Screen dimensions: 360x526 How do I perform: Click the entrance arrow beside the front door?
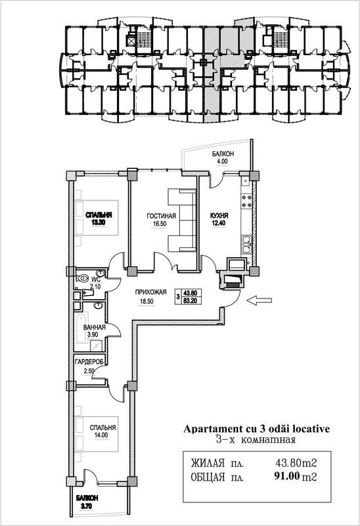(x=259, y=300)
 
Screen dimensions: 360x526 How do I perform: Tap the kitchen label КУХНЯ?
(x=219, y=216)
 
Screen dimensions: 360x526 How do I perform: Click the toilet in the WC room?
(x=82, y=278)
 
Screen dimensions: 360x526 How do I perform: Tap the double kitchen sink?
(x=246, y=245)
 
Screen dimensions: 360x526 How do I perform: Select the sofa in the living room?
(x=181, y=220)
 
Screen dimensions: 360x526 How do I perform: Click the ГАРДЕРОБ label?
(x=90, y=362)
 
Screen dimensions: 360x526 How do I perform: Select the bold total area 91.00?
(x=286, y=476)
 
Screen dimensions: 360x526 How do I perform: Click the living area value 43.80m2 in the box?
(x=296, y=464)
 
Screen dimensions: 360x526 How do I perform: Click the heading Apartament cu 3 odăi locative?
(x=257, y=429)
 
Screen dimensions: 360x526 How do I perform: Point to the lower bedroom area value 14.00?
(x=101, y=435)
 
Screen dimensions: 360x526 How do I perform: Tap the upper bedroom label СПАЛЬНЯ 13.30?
(x=99, y=218)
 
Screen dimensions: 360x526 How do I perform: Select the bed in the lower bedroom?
(x=97, y=434)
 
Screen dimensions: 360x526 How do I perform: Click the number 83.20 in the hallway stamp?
(x=191, y=301)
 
